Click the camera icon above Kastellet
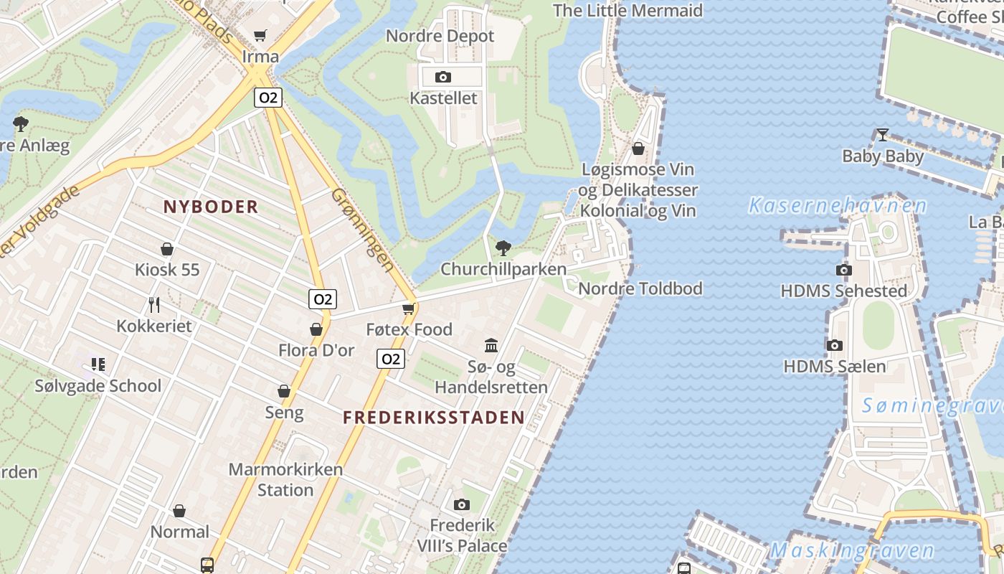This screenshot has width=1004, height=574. click(443, 77)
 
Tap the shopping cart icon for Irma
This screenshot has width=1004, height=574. click(260, 35)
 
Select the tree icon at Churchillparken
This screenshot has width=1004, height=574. click(503, 248)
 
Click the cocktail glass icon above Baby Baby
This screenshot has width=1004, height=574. click(882, 134)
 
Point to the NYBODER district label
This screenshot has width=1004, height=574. click(210, 207)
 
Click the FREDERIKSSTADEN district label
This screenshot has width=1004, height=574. click(433, 418)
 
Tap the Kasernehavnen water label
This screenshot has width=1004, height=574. click(837, 207)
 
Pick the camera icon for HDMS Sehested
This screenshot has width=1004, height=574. click(843, 270)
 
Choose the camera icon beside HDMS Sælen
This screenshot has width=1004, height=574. click(834, 346)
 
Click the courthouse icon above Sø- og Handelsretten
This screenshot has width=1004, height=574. click(491, 346)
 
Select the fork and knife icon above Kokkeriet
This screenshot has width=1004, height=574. click(154, 305)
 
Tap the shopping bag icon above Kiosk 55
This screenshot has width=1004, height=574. click(167, 249)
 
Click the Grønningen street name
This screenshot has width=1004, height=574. click(363, 230)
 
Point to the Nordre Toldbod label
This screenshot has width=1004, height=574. click(640, 288)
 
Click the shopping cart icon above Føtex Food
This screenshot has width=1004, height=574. click(409, 309)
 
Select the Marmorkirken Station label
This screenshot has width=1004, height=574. click(285, 480)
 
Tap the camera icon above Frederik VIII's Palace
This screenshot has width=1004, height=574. click(462, 504)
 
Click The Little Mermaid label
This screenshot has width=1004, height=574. click(627, 11)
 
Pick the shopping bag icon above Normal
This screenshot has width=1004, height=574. click(179, 511)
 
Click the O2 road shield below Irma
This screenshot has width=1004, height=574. click(267, 97)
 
